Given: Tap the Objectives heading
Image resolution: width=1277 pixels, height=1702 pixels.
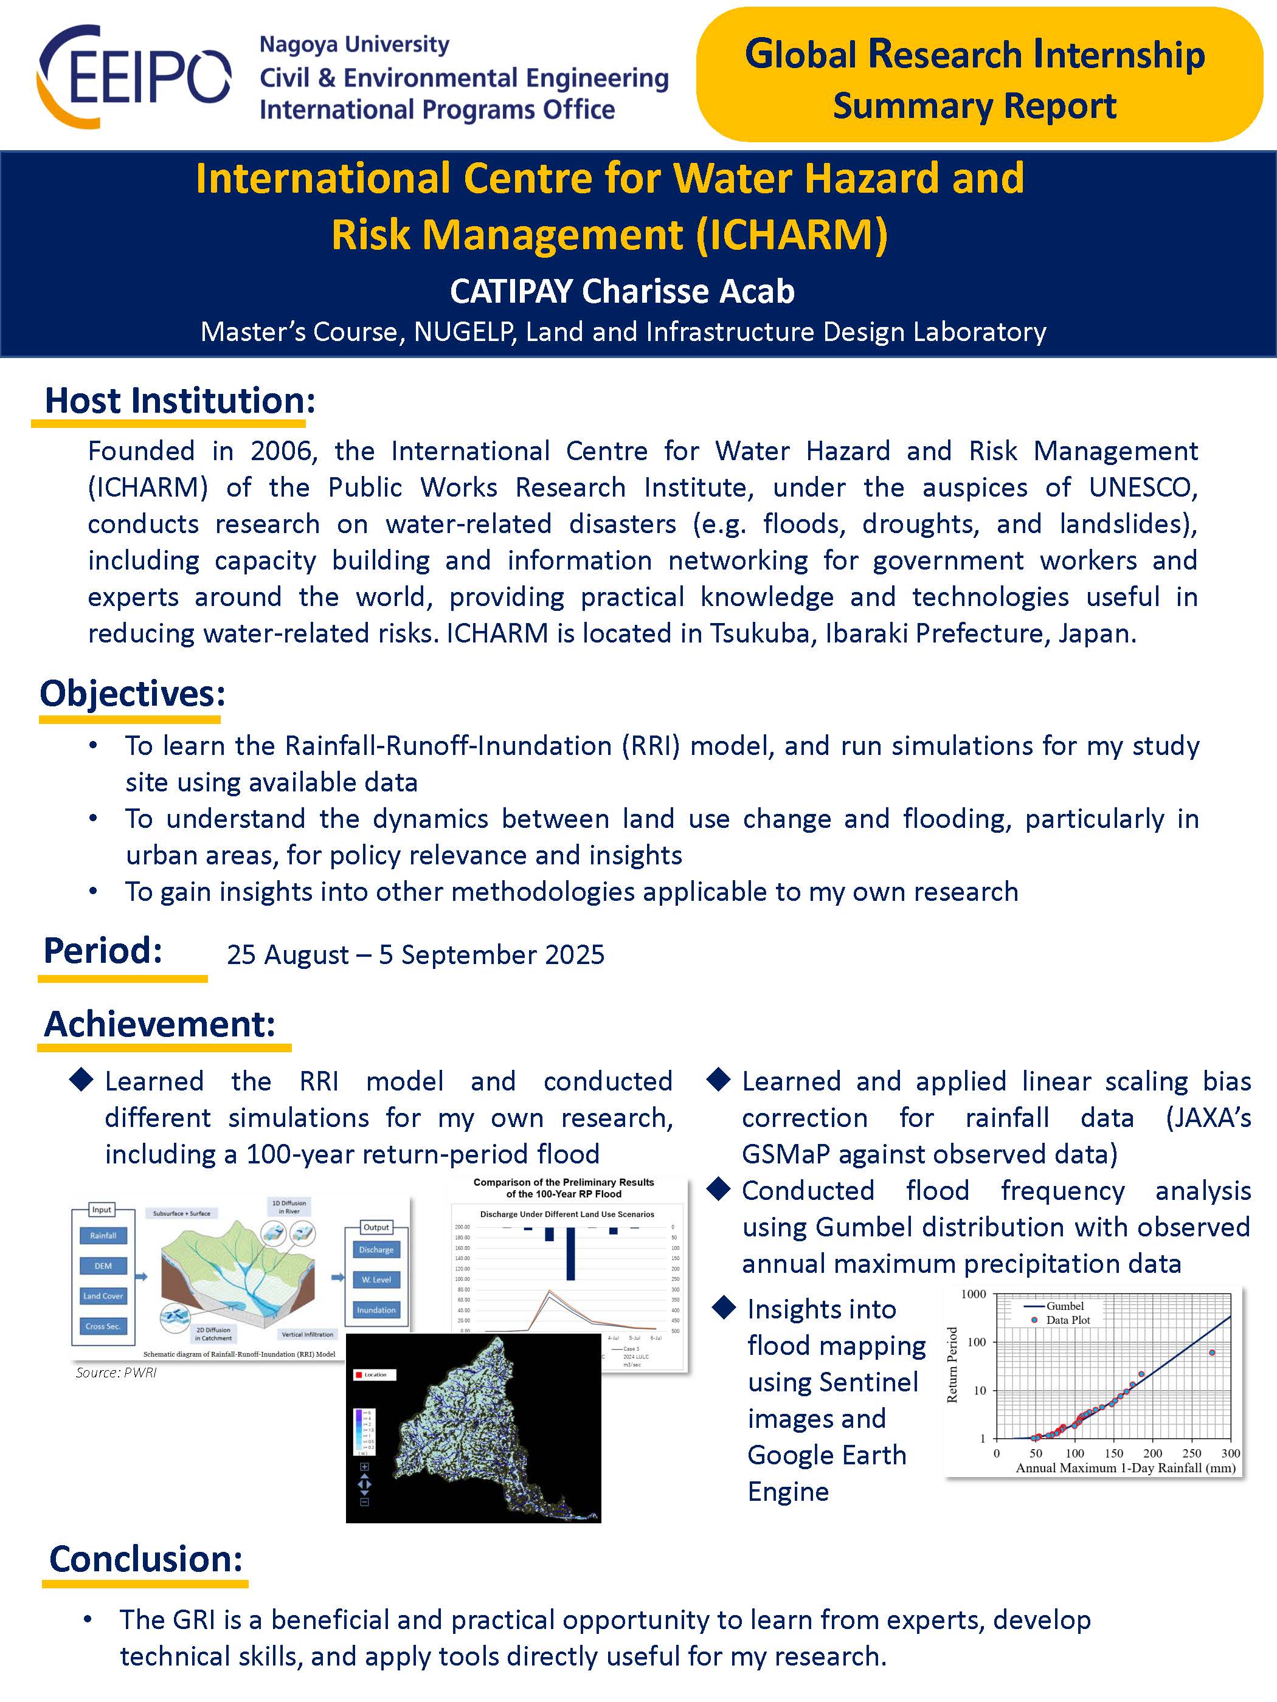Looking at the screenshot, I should coord(133,694).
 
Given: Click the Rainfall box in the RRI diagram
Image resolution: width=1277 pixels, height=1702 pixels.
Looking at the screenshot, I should coord(103,1236).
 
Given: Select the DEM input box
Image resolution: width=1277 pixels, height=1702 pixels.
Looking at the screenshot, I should coord(103,1266).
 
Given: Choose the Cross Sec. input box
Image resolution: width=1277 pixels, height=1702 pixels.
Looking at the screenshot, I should coord(103,1326).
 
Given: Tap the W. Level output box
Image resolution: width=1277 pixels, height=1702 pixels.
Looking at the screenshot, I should coord(376,1280).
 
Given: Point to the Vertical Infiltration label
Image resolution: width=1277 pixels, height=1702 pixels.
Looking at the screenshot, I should coord(307,1335).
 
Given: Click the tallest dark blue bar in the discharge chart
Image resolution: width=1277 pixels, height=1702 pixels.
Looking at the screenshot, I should coord(570,1253).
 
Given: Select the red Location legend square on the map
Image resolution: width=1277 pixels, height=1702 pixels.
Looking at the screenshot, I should coord(358,1375).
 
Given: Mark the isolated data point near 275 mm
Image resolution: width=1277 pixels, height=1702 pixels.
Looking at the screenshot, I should coord(1213,1352).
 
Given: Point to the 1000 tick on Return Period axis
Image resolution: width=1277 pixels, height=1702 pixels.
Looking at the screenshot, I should coord(973,1294).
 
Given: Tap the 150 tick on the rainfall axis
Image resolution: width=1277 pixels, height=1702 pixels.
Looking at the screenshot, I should coord(1114,1453).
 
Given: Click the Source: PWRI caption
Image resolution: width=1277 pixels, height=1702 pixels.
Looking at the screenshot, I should coord(116,1373).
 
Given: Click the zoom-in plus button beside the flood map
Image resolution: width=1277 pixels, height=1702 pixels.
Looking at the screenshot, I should coord(365,1467).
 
